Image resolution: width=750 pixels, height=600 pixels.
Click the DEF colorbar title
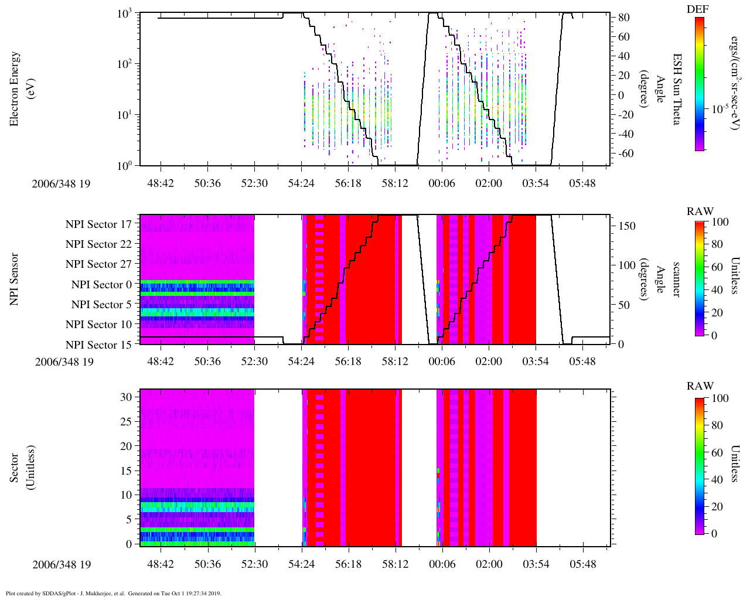(697, 9)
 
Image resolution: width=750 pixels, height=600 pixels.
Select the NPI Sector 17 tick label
(98, 224)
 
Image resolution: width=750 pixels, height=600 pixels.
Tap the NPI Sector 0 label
(101, 285)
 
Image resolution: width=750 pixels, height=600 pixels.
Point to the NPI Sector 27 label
(98, 264)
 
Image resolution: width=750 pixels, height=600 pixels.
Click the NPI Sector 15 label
(98, 345)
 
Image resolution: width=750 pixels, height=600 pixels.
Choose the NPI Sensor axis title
(14, 279)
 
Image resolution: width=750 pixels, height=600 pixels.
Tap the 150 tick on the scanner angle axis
(628, 226)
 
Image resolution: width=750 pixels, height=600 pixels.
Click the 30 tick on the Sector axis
(127, 397)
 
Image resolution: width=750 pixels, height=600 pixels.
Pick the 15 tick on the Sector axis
(127, 471)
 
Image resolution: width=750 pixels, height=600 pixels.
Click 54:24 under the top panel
(301, 183)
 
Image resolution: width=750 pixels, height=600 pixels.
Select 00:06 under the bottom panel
(442, 564)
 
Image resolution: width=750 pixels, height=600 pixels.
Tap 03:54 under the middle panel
(536, 361)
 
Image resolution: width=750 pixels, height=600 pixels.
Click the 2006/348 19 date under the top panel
(62, 183)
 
